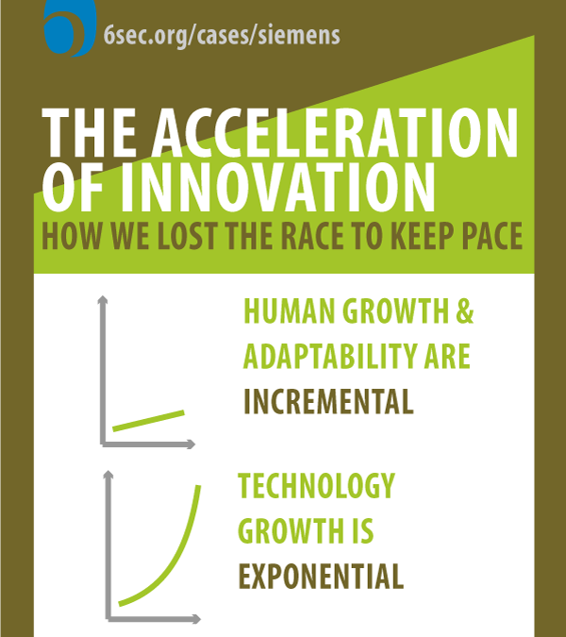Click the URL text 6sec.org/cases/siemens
coord(223,36)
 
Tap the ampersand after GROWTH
coord(464,312)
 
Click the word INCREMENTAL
coord(328,401)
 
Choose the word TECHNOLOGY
coord(316,486)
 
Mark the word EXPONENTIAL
coord(321,575)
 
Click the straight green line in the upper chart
coord(148,420)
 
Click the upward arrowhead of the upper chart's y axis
coord(103,302)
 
